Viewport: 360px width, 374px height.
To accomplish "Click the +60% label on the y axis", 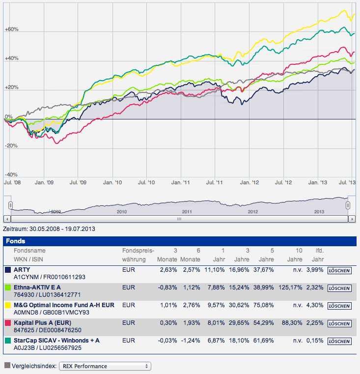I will pos(11,29).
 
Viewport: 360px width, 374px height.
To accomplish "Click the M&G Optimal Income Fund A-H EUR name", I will pos(64,305).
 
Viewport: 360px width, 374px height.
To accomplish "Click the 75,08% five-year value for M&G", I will pos(265,305).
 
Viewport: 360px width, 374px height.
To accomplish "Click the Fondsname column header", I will pos(26,251).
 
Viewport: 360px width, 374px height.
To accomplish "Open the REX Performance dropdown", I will pos(105,366).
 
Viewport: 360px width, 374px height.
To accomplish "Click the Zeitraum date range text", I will pos(49,229).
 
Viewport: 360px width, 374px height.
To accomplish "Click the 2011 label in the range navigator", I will pos(187,212).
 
